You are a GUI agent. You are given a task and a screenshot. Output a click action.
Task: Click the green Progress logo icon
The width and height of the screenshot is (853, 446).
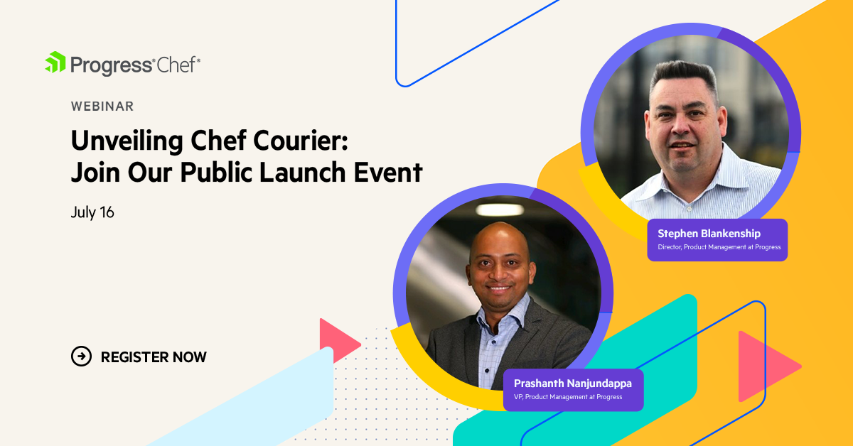[x=55, y=63]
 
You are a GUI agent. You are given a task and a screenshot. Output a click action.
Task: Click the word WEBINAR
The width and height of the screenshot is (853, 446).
[x=102, y=107]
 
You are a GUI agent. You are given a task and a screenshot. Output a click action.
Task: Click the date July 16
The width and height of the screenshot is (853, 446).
[x=92, y=212]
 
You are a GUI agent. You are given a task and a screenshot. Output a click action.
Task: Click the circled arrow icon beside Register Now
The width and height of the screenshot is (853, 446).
[x=82, y=357]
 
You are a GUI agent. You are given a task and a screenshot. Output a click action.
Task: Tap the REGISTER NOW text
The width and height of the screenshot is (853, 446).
[x=154, y=357]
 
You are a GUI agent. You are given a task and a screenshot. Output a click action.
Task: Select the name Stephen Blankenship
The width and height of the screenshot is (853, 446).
[x=709, y=234]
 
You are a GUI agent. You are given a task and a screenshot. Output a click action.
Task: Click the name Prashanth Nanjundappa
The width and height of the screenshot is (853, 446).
[x=572, y=384]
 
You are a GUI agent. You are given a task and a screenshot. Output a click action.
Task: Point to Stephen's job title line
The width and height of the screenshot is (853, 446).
[x=719, y=247]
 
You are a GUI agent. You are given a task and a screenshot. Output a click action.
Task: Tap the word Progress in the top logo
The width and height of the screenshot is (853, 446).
[x=112, y=65]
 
